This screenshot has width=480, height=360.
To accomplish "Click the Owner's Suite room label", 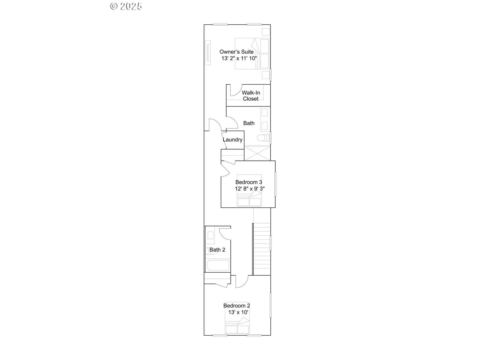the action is click(236, 52).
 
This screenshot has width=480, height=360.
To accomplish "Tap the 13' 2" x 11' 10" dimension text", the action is click(239, 58).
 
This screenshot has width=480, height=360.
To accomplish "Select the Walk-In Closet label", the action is click(250, 96).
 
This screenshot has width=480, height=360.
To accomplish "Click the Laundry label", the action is click(232, 140).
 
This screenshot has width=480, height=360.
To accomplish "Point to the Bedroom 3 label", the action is click(249, 182).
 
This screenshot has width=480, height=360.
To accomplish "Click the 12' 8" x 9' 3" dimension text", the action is click(250, 189).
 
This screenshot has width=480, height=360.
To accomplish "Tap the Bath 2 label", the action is click(217, 250).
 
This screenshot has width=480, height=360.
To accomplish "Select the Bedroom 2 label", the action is click(237, 306).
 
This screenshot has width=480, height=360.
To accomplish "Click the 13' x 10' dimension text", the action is click(238, 312).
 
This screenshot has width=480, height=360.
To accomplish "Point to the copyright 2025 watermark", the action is click(126, 6).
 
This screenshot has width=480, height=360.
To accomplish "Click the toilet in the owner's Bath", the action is click(263, 138).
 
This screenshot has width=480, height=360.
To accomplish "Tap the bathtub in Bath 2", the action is click(218, 265).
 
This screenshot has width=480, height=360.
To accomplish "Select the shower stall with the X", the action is click(257, 153).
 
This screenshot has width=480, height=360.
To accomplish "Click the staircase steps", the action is click(262, 249).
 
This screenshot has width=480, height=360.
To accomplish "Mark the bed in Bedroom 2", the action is click(237, 318).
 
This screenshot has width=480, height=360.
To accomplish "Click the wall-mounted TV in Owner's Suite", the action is click(208, 53).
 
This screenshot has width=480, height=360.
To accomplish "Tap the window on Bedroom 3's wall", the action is click(275, 184).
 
